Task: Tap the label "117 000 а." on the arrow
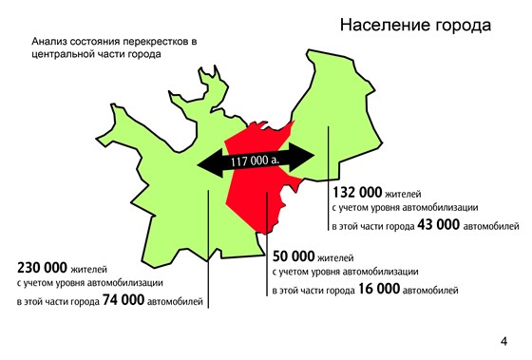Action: coord(258,161)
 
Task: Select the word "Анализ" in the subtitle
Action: coord(50,43)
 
